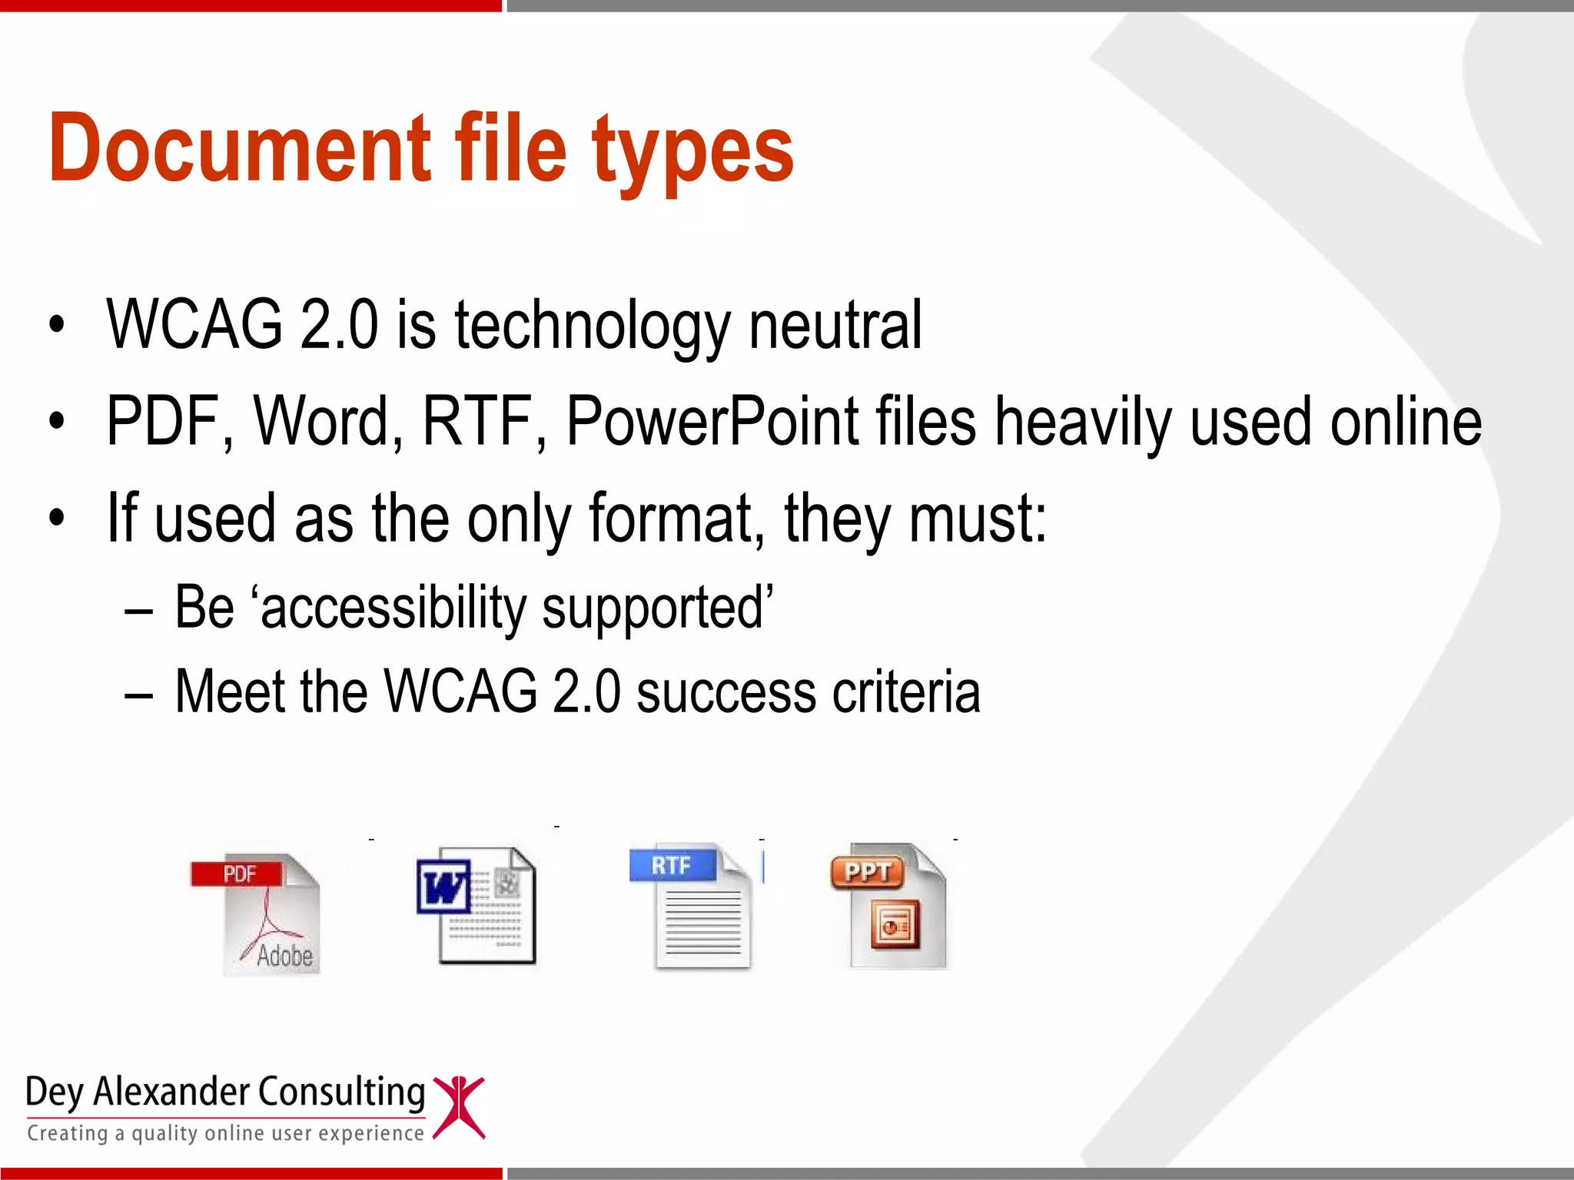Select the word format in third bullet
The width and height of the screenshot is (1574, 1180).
pyautogui.click(x=676, y=519)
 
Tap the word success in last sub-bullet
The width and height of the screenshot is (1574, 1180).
pyautogui.click(x=726, y=692)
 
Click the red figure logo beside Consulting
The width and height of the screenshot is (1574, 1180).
pyautogui.click(x=459, y=1106)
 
